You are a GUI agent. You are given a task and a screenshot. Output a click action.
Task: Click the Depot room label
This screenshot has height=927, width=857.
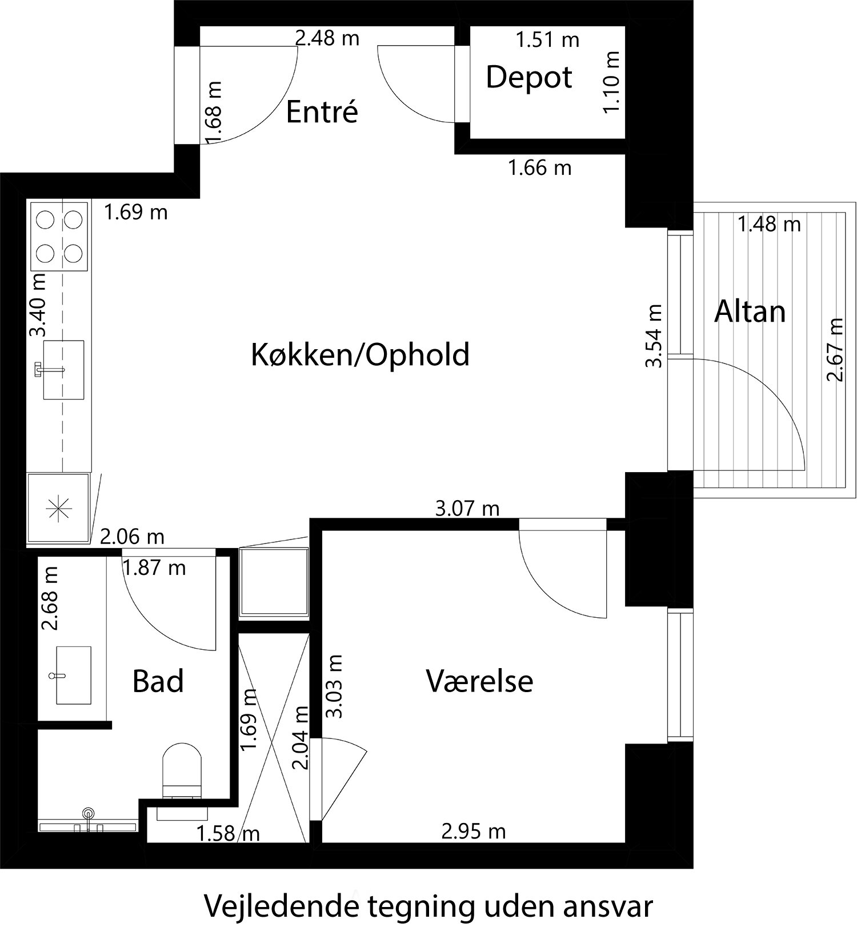point(528,77)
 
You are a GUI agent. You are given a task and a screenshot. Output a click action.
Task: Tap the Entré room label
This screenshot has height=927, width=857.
point(322,111)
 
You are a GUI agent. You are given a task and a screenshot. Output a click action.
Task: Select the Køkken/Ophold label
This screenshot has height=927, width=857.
point(360,355)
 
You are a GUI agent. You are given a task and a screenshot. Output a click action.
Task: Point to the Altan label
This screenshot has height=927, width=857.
point(750,312)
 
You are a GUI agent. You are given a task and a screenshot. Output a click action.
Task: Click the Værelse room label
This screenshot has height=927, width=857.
point(479,681)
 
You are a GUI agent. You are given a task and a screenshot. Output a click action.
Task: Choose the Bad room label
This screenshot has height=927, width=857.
point(158,681)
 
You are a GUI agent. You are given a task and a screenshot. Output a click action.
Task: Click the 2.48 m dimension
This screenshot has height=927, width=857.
point(327,39)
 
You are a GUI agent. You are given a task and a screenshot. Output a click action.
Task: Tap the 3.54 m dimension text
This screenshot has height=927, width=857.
point(654,335)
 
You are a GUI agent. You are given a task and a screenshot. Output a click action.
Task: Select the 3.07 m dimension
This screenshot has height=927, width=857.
point(467,508)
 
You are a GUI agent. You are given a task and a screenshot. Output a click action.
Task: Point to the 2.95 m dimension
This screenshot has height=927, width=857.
point(474,831)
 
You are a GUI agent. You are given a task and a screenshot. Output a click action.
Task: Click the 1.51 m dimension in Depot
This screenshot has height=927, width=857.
point(547,40)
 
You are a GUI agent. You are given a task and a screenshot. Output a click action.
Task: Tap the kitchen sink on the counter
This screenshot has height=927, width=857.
point(63,370)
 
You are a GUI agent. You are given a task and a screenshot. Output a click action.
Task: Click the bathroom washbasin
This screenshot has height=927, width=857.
point(73,675)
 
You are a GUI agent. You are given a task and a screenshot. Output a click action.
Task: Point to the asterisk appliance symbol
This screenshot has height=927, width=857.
point(59,508)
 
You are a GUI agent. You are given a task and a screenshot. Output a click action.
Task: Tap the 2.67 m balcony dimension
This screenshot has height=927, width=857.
point(835,349)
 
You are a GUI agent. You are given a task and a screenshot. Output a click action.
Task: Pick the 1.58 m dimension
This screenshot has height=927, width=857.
point(228,834)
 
